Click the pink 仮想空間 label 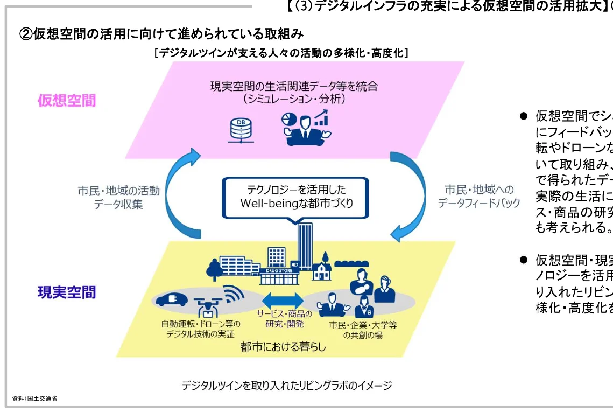click(x=67, y=100)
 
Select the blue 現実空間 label click(x=67, y=292)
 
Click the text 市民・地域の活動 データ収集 click(x=118, y=197)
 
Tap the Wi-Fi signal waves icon click(x=233, y=295)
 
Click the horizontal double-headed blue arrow click(x=283, y=300)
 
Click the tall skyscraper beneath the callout click(x=305, y=246)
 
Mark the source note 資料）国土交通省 click(x=34, y=399)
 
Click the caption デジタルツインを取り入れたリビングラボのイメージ click(x=286, y=386)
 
